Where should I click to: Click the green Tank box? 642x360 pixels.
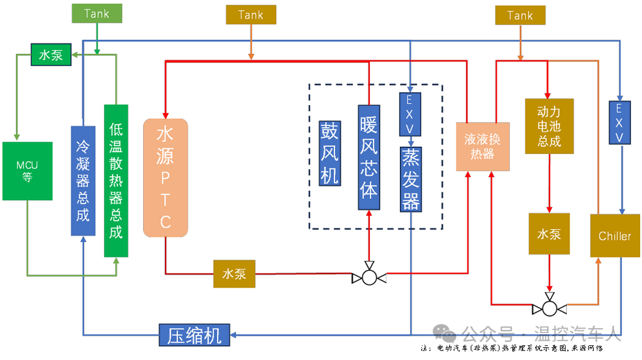point(96,14)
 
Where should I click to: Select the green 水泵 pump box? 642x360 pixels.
point(51,55)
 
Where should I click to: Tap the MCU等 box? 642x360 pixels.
point(27,171)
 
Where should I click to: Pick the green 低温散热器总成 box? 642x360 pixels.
point(116,181)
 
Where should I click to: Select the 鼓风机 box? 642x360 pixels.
point(329,152)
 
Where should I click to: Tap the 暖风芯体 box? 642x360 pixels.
point(369,158)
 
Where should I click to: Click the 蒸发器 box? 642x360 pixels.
point(410,179)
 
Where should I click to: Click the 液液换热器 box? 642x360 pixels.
point(482,146)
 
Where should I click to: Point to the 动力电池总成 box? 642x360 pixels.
point(549,126)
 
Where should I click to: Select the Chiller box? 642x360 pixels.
point(614,236)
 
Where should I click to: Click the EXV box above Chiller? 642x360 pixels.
point(620,122)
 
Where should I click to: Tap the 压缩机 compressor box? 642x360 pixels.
point(195,335)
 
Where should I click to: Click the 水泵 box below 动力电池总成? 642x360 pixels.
point(549,234)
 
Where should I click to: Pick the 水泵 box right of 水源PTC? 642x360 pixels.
point(234,273)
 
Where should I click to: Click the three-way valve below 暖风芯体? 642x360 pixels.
point(369,278)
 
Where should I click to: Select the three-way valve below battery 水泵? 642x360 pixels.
point(549,309)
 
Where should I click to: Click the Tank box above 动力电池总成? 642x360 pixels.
point(520,15)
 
